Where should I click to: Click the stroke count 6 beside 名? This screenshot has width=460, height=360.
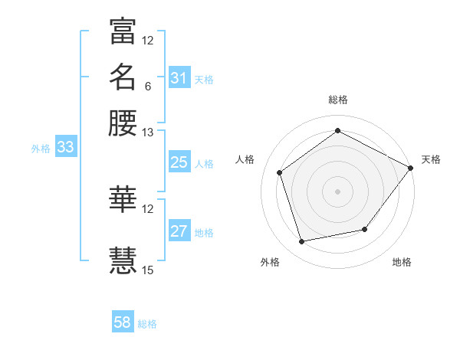pyautogui.click(x=147, y=86)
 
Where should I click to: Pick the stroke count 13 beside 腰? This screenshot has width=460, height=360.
pyautogui.click(x=147, y=132)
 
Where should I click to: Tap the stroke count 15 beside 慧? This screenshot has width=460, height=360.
pyautogui.click(x=147, y=270)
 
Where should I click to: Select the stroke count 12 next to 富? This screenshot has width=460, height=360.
pyautogui.click(x=147, y=40)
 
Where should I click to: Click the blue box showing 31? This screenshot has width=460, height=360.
pyautogui.click(x=179, y=78)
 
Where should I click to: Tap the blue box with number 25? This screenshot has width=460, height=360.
pyautogui.click(x=179, y=162)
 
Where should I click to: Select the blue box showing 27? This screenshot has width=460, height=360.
pyautogui.click(x=179, y=231)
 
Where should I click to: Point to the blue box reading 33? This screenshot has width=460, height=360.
pyautogui.click(x=65, y=148)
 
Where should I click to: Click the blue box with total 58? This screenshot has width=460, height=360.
pyautogui.click(x=123, y=322)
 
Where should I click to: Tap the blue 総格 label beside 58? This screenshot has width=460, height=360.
pyautogui.click(x=147, y=324)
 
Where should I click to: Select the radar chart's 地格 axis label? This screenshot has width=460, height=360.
pyautogui.click(x=402, y=262)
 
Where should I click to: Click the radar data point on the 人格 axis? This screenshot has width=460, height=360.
pyautogui.click(x=280, y=172)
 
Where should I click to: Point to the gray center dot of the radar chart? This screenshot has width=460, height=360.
pyautogui.click(x=337, y=191)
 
